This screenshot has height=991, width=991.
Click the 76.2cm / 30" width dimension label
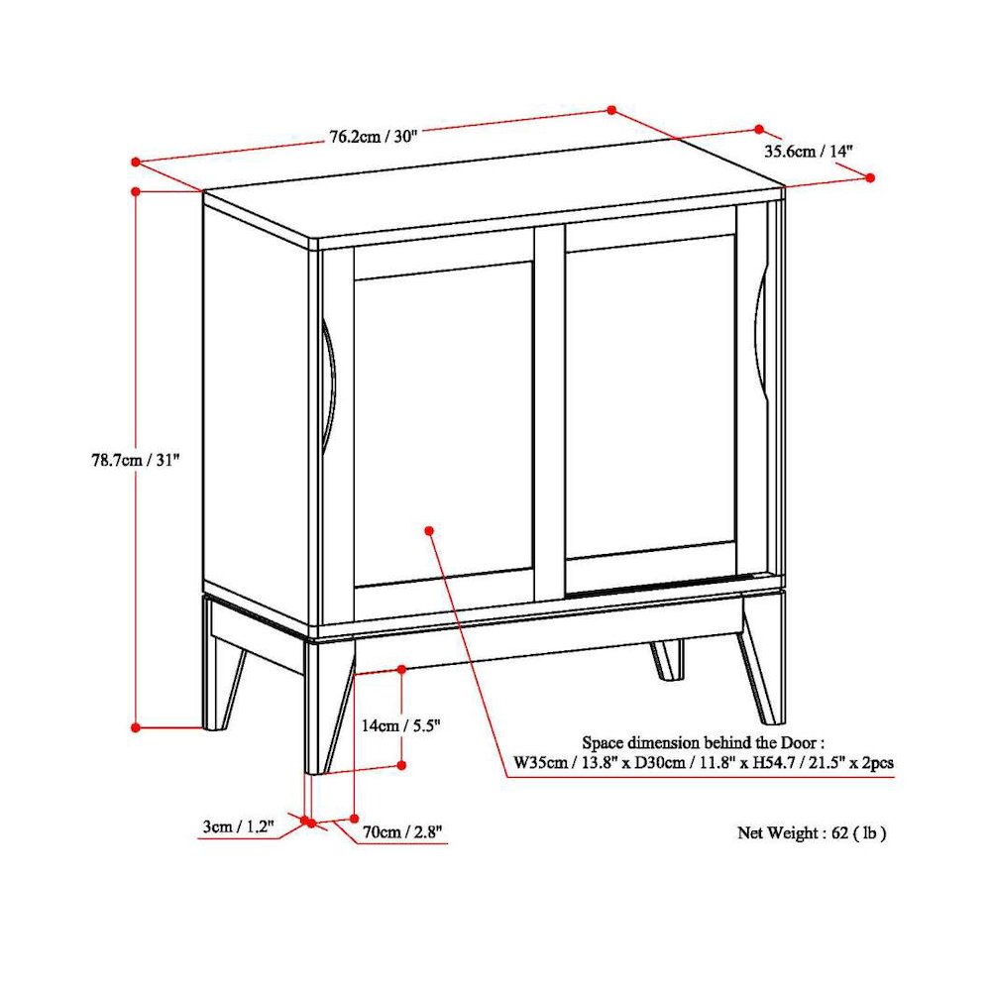click(x=374, y=137)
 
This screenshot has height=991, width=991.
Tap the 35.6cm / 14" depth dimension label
click(x=808, y=152)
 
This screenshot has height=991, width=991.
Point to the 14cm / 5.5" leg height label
click(x=399, y=725)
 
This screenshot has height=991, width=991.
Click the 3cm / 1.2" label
click(x=238, y=826)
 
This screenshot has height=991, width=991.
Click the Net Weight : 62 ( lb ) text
click(x=811, y=833)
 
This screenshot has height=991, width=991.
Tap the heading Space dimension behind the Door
click(x=703, y=742)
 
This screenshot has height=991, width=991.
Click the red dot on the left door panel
click(x=429, y=531)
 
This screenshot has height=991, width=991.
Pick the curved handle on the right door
click(x=760, y=332)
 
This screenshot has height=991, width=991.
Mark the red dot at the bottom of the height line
click(x=136, y=726)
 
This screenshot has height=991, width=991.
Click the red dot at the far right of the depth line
click(x=870, y=177)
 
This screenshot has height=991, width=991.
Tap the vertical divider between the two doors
click(x=549, y=416)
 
